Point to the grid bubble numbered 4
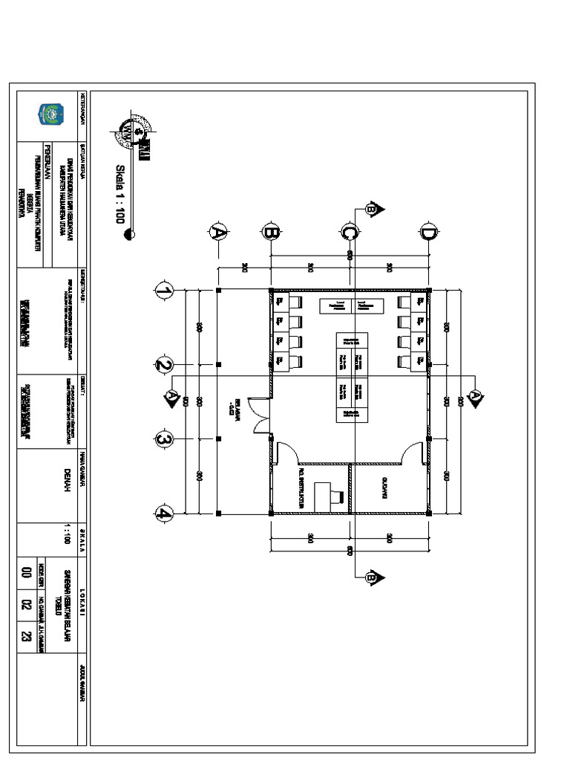click(164, 513)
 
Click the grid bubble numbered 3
click(164, 439)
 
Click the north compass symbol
click(133, 133)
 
